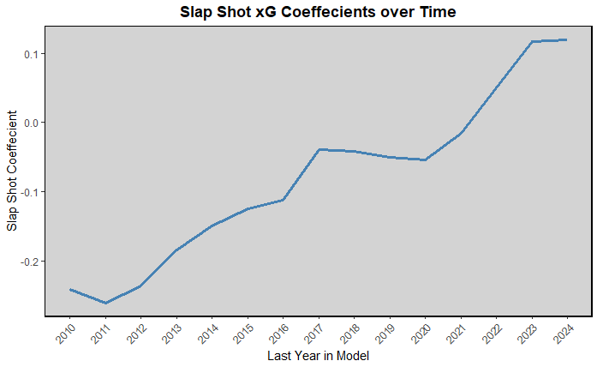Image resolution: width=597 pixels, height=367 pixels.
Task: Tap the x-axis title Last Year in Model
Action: coord(318,355)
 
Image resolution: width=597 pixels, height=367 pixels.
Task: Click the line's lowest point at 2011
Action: coord(105,303)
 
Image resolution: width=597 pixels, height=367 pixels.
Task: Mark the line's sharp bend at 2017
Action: coord(319,149)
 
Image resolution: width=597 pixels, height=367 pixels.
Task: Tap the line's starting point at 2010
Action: coord(70,289)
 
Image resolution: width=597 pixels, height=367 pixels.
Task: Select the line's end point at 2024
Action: coord(566,39)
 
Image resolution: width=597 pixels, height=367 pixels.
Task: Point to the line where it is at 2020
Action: coord(425,159)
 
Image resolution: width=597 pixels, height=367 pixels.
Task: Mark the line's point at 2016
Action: coord(283,200)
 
